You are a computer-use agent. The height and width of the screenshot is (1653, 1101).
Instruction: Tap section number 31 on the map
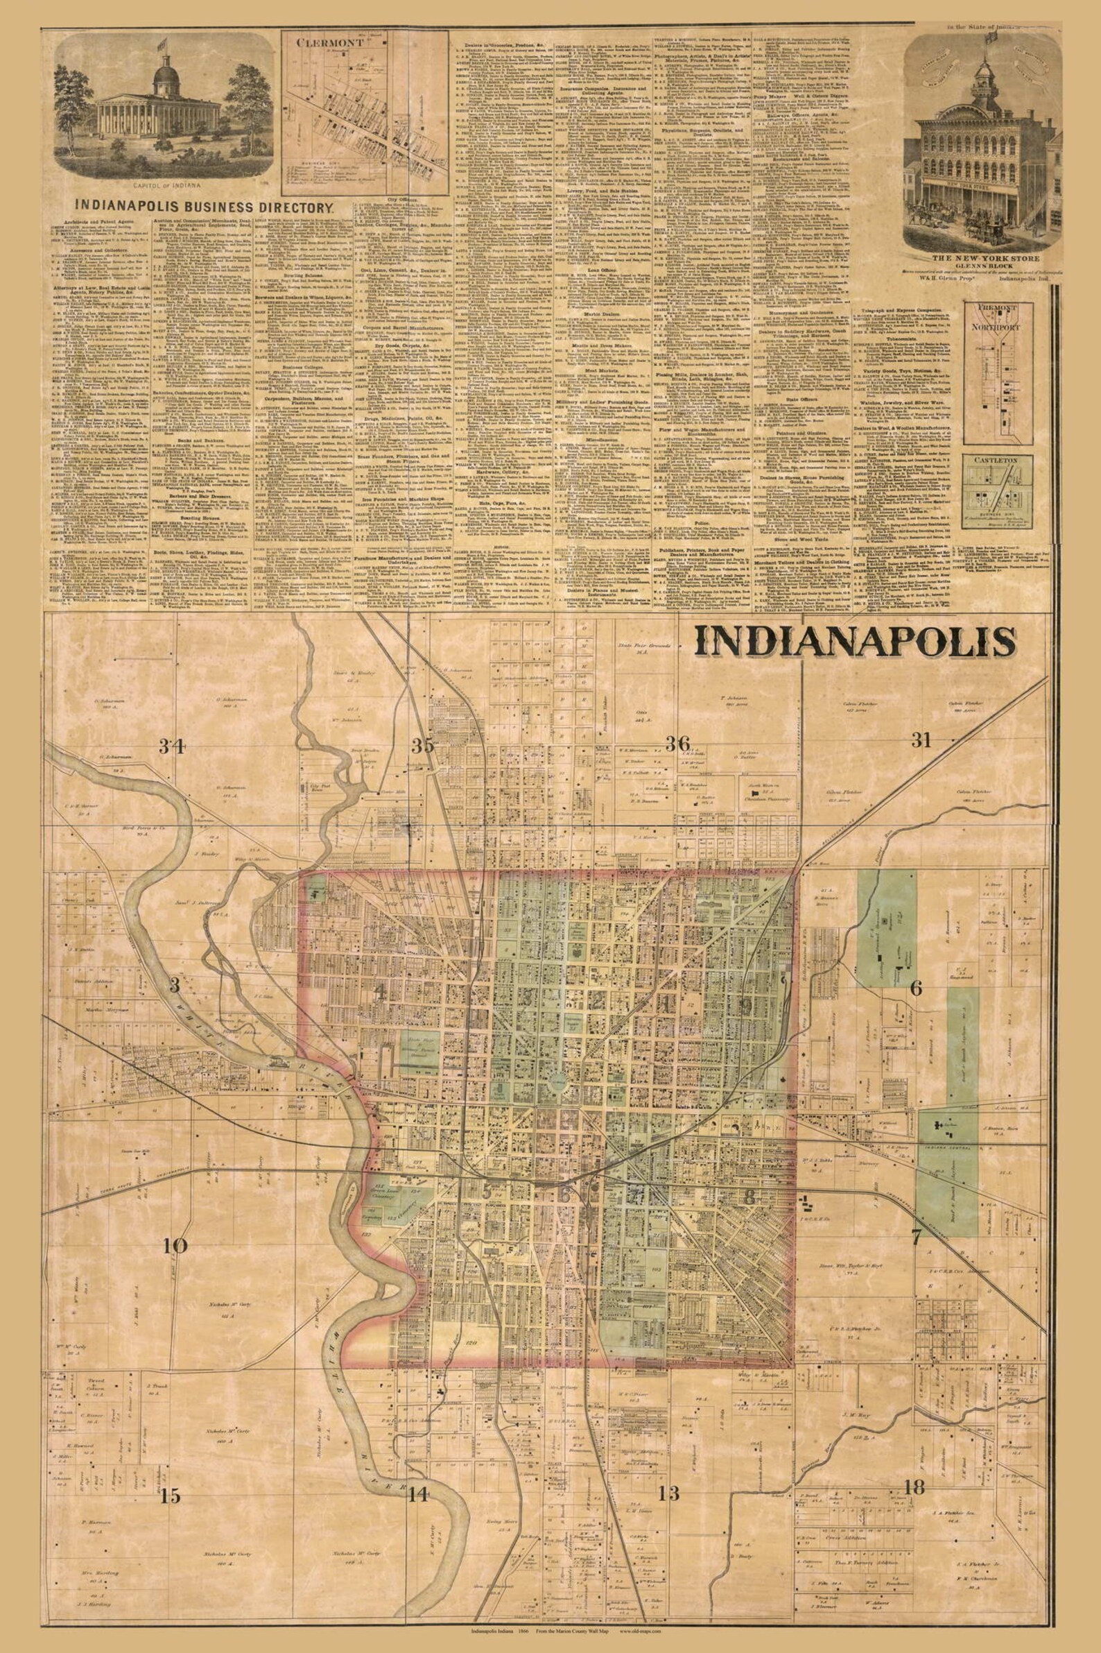point(920,738)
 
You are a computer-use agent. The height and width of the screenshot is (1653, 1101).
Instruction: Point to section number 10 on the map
point(175,1167)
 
